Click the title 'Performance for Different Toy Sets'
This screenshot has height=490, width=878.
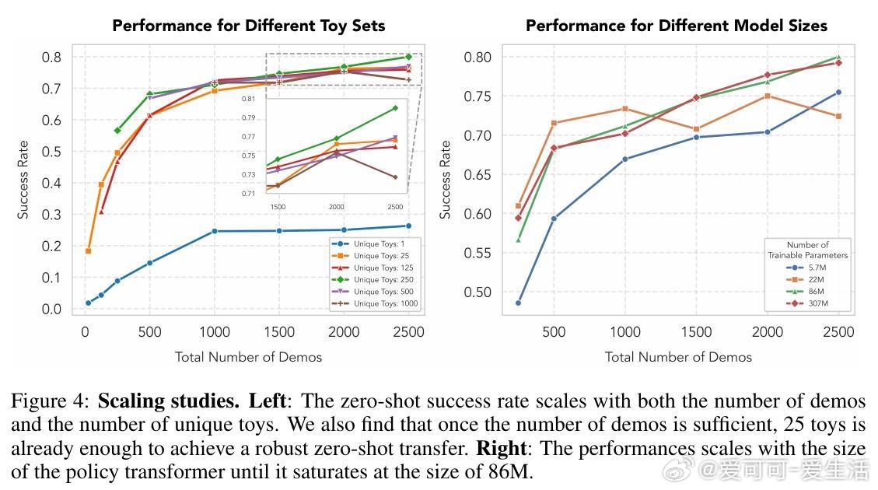point(248,26)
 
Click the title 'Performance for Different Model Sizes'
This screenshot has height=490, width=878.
point(676,26)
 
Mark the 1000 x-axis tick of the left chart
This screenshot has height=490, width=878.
point(214,332)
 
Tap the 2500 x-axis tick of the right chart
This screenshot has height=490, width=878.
point(838,332)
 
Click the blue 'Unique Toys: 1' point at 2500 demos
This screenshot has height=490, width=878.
point(408,226)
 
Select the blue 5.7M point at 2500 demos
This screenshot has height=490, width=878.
point(838,93)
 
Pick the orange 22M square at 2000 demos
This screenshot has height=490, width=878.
point(768,96)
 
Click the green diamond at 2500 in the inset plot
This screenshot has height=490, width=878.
point(395,108)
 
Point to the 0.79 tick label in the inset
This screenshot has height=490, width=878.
point(270,118)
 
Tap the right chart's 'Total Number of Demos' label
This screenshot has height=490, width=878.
point(678,357)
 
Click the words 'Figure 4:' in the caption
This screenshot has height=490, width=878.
point(50,401)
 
